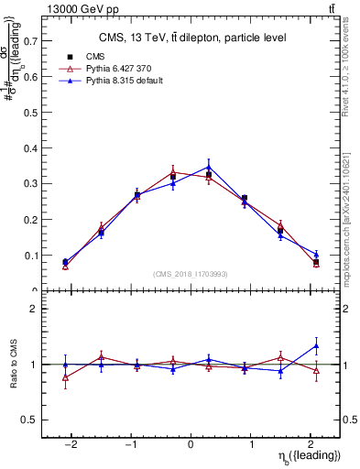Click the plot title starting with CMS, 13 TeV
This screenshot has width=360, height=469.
coord(192,38)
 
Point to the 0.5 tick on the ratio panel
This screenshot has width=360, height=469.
coord(30,420)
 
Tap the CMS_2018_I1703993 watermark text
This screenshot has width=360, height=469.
coord(191,273)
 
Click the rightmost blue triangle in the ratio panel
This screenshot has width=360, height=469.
coord(316,345)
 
